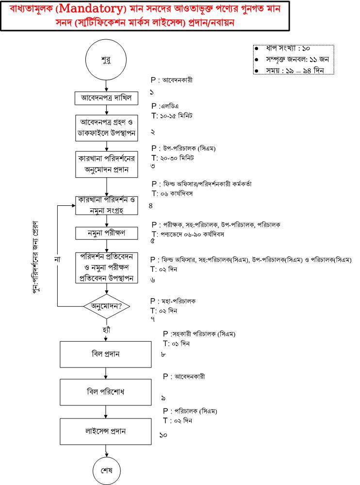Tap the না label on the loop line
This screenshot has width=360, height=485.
57,258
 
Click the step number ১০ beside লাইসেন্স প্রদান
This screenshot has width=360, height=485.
164,436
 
